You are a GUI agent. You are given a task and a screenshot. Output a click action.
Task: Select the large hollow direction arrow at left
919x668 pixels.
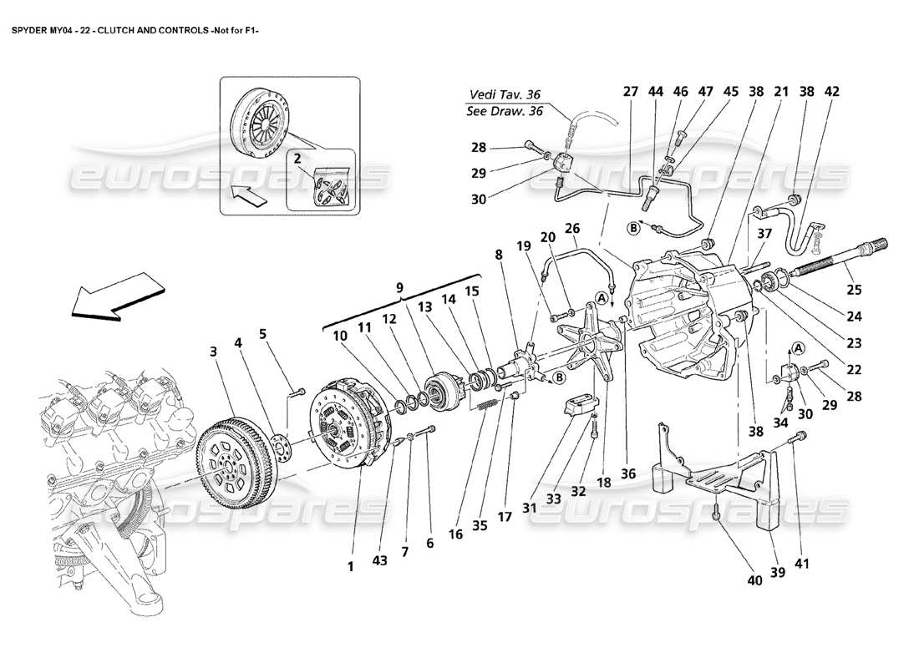116,297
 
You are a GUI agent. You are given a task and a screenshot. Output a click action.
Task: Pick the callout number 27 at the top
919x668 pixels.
630,93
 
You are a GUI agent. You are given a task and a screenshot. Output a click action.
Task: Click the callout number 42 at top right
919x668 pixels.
832,93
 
